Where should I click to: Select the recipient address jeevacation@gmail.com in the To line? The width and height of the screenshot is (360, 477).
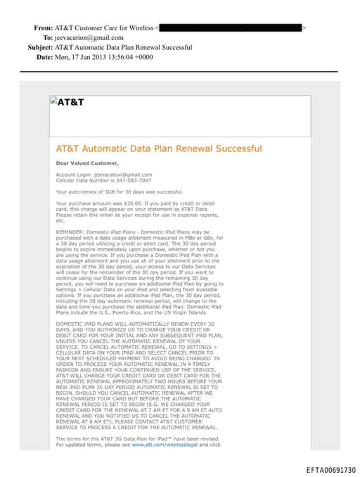coord(91,38)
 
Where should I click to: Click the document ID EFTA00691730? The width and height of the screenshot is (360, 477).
coord(330,470)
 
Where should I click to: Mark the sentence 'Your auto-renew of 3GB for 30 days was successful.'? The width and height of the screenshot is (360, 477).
coord(119,191)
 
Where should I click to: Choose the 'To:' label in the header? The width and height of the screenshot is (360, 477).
coord(48,38)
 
